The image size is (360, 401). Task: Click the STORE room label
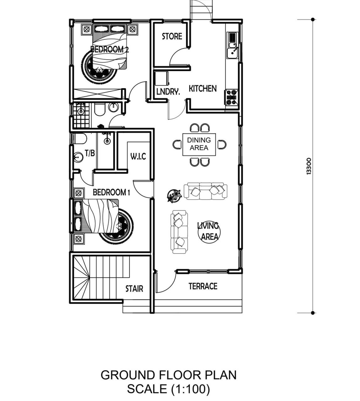click(172, 36)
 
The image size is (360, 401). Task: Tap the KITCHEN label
click(203, 88)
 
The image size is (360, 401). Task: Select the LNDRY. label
click(168, 92)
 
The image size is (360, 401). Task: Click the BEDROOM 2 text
click(109, 49)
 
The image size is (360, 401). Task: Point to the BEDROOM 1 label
click(111, 192)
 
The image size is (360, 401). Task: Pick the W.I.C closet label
click(138, 156)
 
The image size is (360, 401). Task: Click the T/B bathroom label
click(90, 153)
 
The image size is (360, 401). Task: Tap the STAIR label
click(134, 289)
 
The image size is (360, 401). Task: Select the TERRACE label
click(203, 286)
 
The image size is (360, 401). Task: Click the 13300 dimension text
click(309, 166)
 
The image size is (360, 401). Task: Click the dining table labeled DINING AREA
click(199, 144)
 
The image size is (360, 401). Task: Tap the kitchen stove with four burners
click(232, 97)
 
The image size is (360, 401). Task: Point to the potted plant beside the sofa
click(174, 195)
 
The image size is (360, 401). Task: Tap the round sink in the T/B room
click(79, 158)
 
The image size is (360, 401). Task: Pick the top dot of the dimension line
click(313, 19)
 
